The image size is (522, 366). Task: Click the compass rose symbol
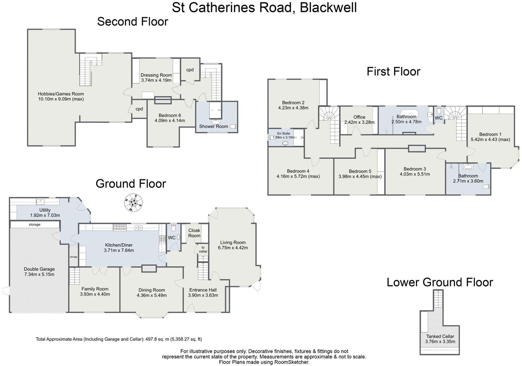tap(133, 202)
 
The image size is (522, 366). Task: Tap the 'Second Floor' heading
tap(132, 22)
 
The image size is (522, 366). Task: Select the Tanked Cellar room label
tap(440, 336)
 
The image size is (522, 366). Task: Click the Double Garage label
tap(39, 269)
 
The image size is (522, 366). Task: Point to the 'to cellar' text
tap(203, 249)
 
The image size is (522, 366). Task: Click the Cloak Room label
tap(194, 233)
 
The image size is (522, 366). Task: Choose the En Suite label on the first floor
tap(283, 133)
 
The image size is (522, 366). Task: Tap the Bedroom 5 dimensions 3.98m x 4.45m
tap(360, 176)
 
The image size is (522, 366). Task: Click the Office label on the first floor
tap(359, 117)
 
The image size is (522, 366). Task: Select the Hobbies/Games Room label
tap(61, 94)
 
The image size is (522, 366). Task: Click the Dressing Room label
tap(156, 75)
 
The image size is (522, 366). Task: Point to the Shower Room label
tap(213, 126)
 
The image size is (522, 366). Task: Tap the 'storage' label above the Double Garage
tap(35, 224)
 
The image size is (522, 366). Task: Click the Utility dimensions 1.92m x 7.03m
tap(45, 215)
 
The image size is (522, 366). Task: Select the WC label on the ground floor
tap(172, 238)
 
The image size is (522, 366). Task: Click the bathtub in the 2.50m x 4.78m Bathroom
tap(409, 113)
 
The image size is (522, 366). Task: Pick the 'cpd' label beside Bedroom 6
tap(139, 109)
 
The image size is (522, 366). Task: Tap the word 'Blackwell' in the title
tap(328, 8)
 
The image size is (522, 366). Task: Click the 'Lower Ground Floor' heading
tap(440, 282)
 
